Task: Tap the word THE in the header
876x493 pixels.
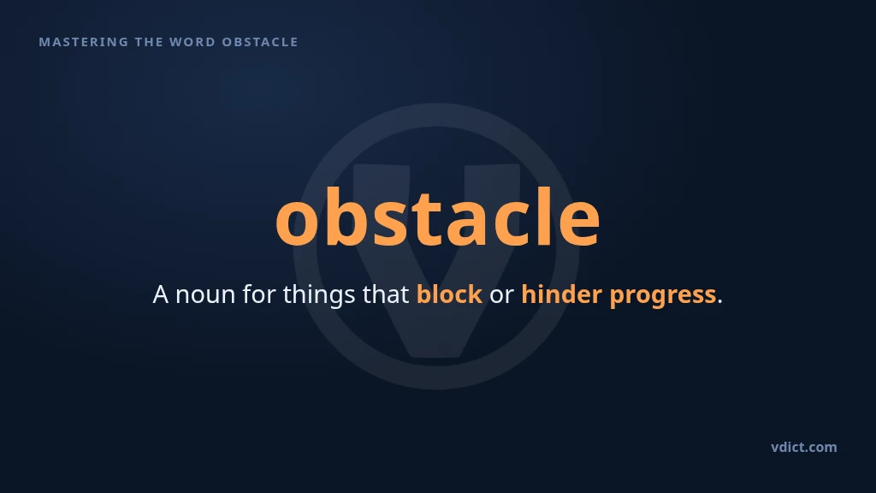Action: tap(149, 42)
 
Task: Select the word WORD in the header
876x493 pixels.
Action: tap(192, 42)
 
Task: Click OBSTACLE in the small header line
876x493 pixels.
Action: tap(260, 42)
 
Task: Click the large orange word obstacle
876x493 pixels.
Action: tap(438, 216)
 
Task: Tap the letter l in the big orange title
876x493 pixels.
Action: tap(541, 216)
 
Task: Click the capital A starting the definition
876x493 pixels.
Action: tap(160, 294)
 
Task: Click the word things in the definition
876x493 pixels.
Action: tap(318, 295)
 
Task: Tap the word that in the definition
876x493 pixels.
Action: tap(386, 294)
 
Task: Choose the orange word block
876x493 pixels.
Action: tap(449, 294)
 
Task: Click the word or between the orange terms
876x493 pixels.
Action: tap(501, 296)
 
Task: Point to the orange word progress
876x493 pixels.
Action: tap(663, 296)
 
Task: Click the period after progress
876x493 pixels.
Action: tap(719, 302)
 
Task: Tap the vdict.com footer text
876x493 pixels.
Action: tap(804, 447)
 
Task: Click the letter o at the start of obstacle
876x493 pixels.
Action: tap(298, 223)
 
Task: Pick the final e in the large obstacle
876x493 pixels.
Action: tap(580, 223)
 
